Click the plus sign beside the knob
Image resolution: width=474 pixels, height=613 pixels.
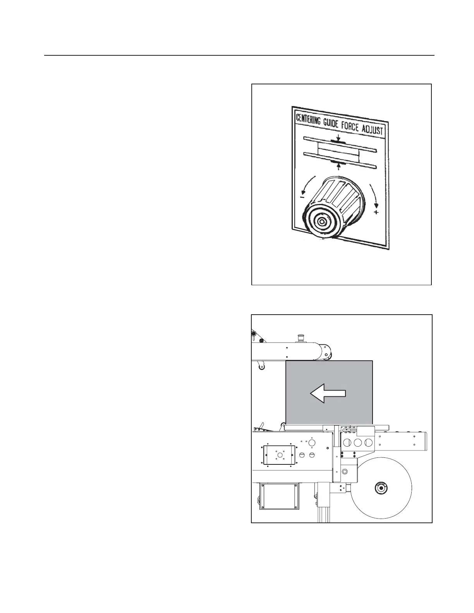tap(376, 212)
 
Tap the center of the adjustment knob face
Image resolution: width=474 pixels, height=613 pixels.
tap(321, 221)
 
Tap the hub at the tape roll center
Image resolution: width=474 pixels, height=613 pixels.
tap(381, 488)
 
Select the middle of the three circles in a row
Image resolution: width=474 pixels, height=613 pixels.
tap(358, 442)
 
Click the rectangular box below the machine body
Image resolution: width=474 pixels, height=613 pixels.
tap(280, 497)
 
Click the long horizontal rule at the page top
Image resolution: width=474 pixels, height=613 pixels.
tap(239, 55)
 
